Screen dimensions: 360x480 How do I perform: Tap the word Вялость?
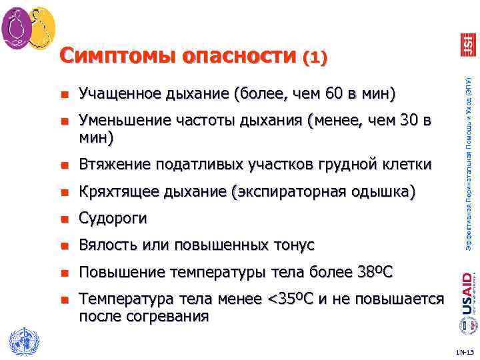(105, 245)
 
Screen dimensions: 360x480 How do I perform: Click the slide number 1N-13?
(464, 351)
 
